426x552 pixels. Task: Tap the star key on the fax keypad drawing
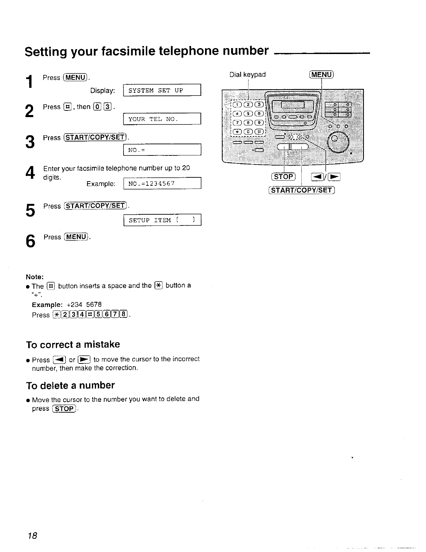(x=238, y=131)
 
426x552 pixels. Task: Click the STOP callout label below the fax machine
(x=283, y=177)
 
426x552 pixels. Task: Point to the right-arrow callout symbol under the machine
(x=334, y=177)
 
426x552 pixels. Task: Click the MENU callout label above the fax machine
(x=321, y=75)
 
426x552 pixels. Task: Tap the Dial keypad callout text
(x=247, y=75)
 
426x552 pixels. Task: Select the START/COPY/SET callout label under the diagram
(x=301, y=190)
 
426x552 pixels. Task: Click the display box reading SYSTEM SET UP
(x=162, y=91)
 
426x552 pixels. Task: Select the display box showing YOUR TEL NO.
(x=162, y=119)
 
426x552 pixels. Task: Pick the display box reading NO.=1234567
(x=162, y=184)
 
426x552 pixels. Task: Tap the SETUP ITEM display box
(x=162, y=220)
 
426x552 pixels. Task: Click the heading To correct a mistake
(x=73, y=345)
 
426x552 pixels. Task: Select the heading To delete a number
(x=70, y=385)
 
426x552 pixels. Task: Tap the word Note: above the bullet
(x=35, y=277)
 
